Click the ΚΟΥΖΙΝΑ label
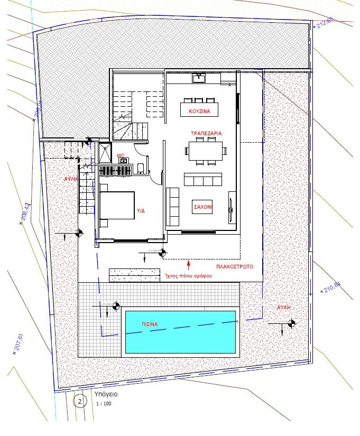(199, 112)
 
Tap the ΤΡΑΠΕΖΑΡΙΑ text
(206, 134)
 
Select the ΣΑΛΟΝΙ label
(202, 208)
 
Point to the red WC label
(121, 156)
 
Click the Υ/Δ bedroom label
(141, 210)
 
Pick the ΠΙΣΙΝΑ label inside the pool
(150, 324)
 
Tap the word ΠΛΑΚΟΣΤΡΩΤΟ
(235, 267)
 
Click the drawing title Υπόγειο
(106, 394)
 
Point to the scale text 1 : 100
(104, 404)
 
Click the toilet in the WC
(140, 168)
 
